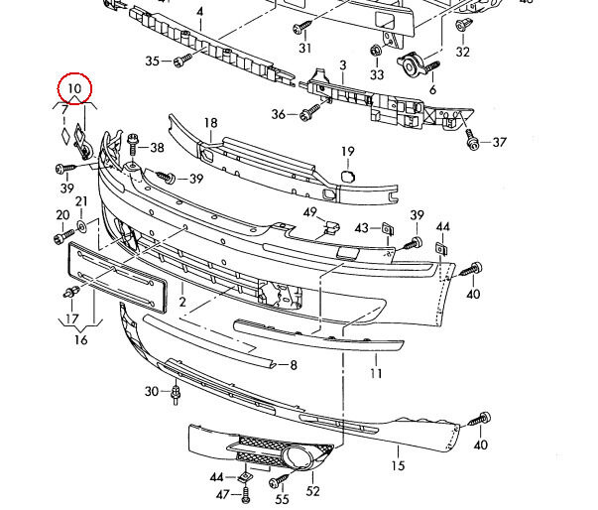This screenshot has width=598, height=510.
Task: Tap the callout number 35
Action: [x=152, y=62]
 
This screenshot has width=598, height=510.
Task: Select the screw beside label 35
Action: [x=180, y=62]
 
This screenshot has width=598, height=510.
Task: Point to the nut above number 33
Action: [x=376, y=52]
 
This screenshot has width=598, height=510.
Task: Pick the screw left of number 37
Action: [x=473, y=143]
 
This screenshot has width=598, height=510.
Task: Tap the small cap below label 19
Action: [x=347, y=176]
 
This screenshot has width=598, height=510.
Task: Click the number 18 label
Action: [x=210, y=124]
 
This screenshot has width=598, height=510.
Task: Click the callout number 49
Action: [x=310, y=213]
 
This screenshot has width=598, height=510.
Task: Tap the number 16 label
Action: [x=80, y=340]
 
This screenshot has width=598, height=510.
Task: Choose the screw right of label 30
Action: [x=176, y=394]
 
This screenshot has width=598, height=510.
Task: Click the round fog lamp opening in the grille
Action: [x=298, y=459]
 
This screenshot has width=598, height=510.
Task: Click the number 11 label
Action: [x=376, y=374]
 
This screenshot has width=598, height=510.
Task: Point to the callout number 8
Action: [x=293, y=366]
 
